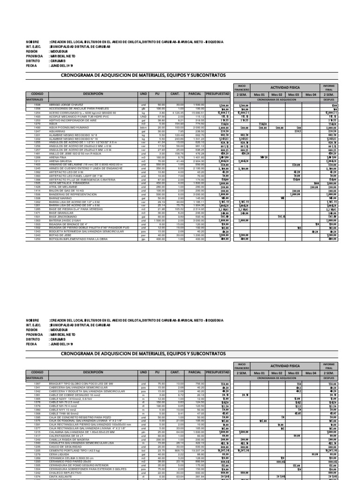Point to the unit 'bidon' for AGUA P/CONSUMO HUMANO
pos(143,127)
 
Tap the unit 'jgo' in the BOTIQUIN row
pos(143,239)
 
